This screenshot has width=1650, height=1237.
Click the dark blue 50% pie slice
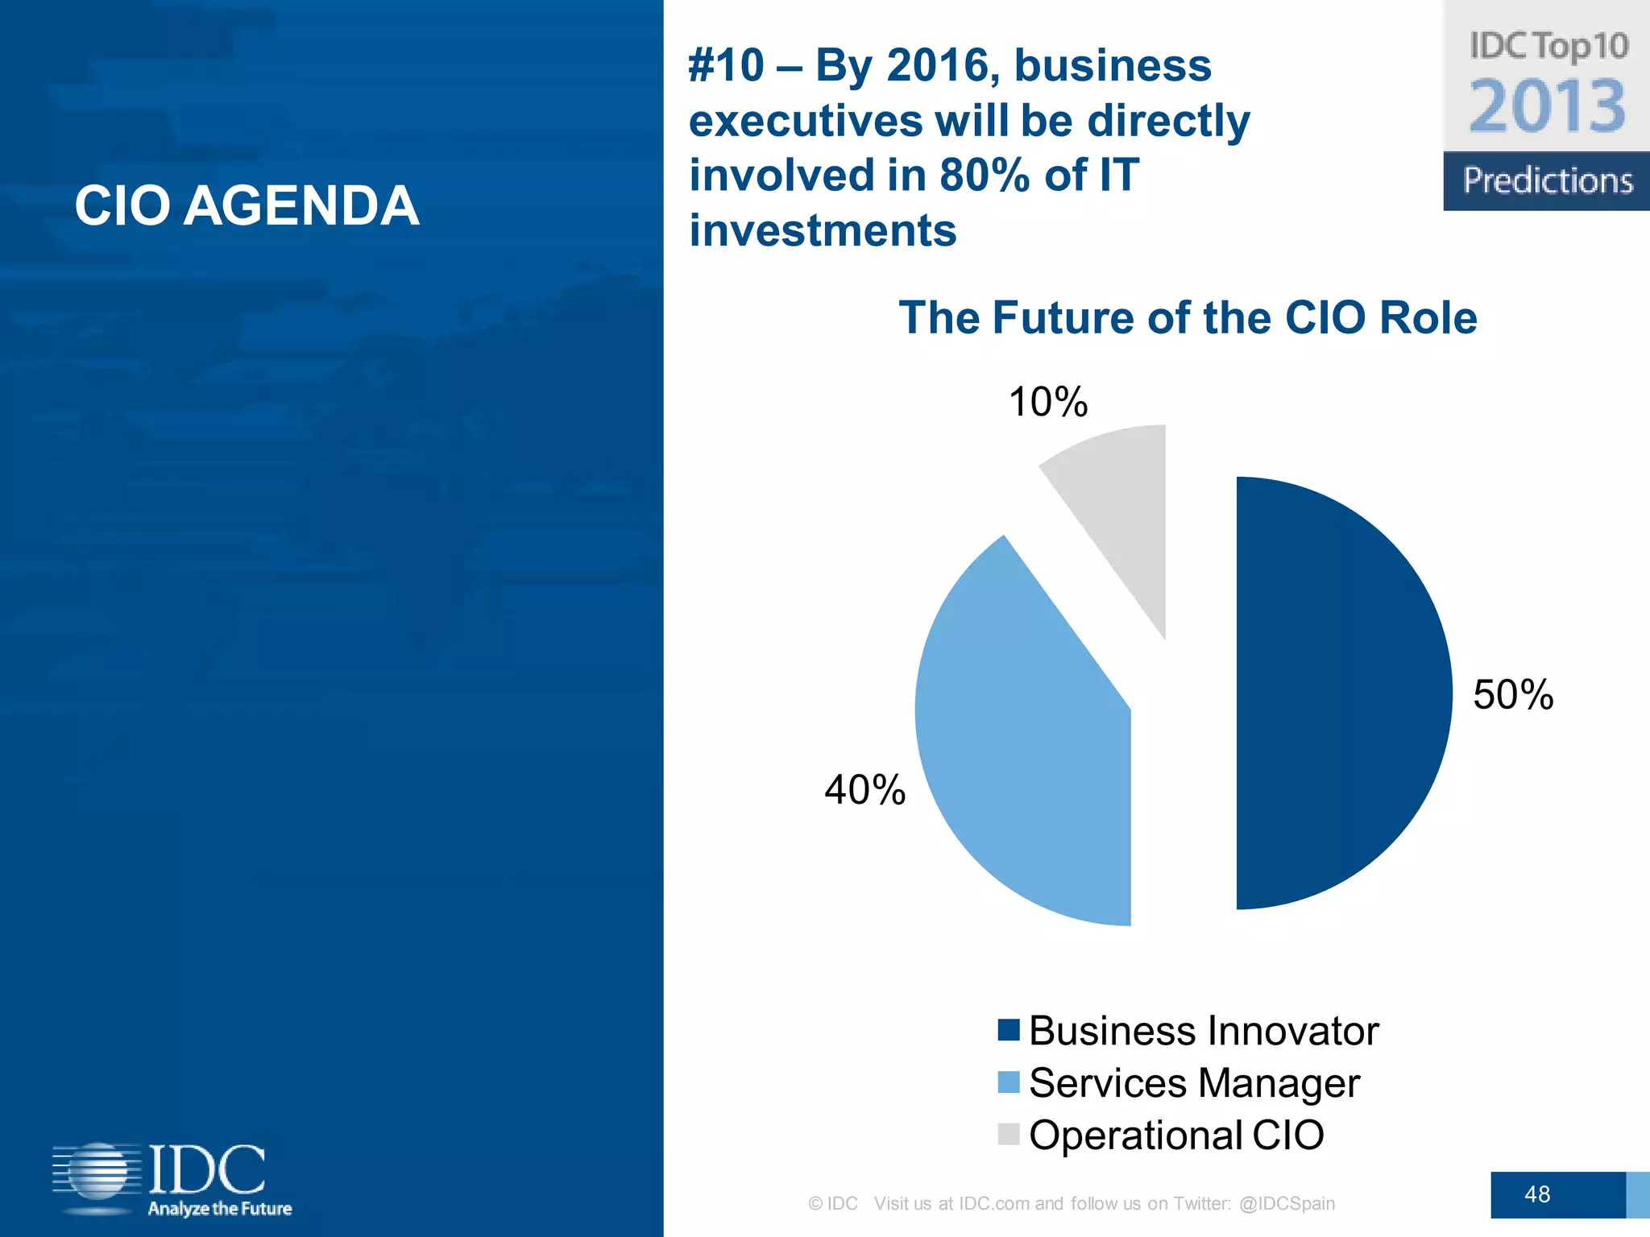(1337, 693)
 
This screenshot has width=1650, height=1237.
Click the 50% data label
(1512, 694)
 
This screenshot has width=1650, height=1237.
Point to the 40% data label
(864, 789)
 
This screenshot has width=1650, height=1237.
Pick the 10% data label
(1047, 401)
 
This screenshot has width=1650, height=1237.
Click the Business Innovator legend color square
(1008, 1030)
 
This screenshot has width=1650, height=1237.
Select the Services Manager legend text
(1194, 1082)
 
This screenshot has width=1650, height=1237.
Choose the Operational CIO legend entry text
(1176, 1135)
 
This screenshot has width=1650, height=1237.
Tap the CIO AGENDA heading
(247, 205)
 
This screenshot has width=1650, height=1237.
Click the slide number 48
(1536, 1194)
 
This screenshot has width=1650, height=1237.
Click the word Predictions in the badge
(1547, 180)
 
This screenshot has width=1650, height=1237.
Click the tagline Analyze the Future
(219, 1208)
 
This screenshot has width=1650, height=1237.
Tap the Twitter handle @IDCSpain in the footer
(1287, 1203)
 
